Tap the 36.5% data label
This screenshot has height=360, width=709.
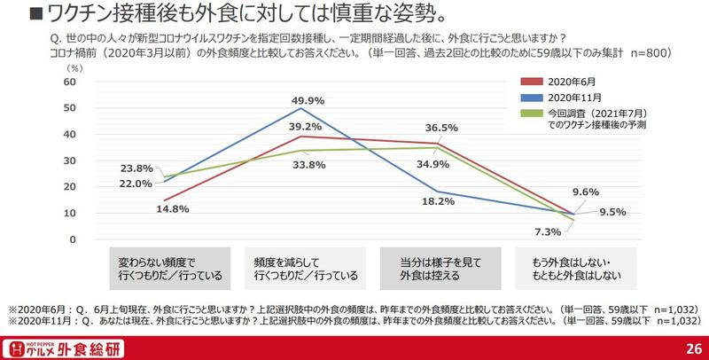(440, 127)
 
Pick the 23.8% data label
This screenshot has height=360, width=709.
(137, 168)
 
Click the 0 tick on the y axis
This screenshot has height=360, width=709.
(73, 240)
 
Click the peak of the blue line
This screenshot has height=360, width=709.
(304, 108)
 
